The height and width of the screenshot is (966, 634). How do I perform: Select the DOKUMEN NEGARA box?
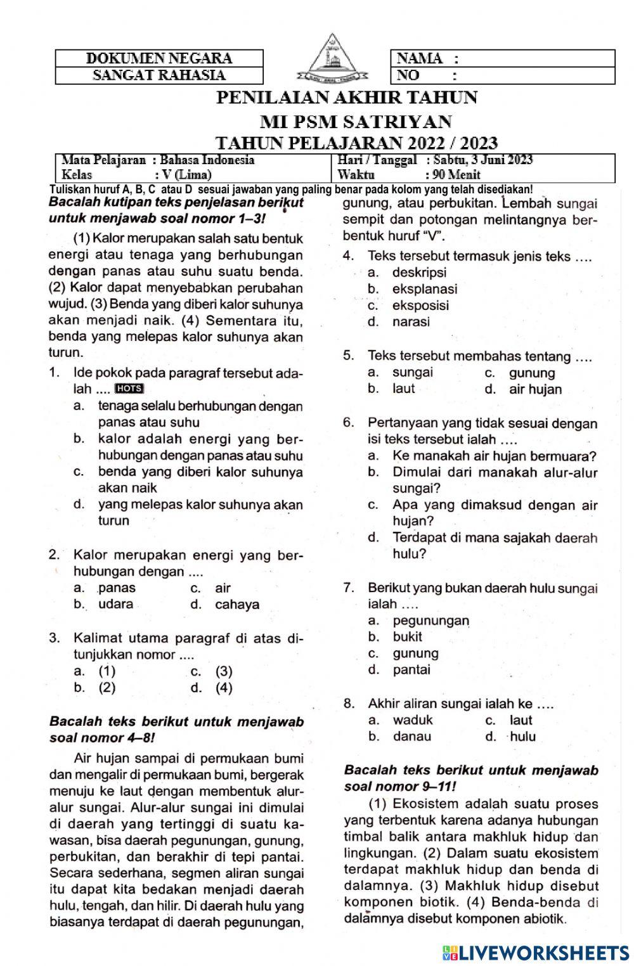(159, 58)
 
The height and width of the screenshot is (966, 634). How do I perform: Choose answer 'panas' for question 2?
(117, 588)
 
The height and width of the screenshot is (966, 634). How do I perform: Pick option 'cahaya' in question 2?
(236, 604)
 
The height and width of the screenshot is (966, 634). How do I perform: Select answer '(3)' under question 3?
(224, 671)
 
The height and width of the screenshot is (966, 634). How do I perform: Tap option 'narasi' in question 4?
(411, 321)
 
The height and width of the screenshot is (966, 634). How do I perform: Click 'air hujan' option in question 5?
(535, 389)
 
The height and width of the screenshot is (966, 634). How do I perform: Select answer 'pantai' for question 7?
(411, 669)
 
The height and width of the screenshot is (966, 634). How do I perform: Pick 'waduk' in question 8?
(413, 720)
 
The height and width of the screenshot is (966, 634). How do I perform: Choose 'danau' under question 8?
(411, 737)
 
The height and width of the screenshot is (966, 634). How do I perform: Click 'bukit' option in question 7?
(407, 636)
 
